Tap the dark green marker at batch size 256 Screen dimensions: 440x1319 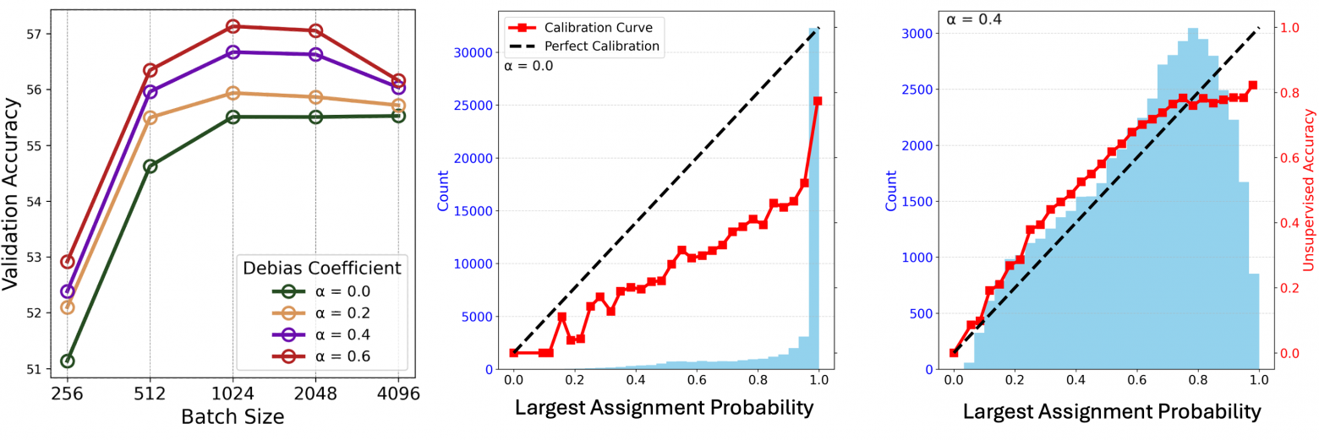point(67,361)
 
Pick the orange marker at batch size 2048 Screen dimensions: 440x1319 point(315,97)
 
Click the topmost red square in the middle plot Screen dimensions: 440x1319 point(818,100)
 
